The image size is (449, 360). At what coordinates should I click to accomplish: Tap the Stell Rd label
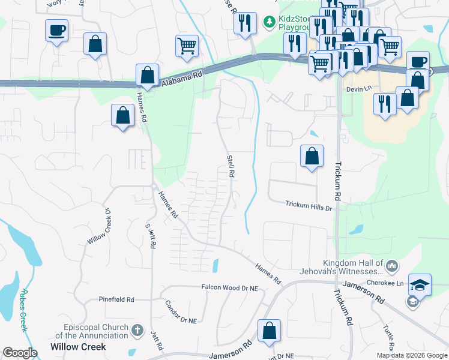coord(230,166)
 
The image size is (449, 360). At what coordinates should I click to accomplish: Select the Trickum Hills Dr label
coord(309,207)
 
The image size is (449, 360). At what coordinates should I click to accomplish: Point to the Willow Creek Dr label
coord(100,226)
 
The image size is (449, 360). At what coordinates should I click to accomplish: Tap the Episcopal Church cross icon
coord(137,329)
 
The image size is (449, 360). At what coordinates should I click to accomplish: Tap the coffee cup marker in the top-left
coord(56,30)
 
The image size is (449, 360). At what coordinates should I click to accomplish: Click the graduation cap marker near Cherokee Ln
coord(420,284)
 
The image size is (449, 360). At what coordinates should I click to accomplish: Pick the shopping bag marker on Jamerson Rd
coord(270,330)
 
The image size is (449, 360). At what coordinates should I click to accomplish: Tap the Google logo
coord(20,353)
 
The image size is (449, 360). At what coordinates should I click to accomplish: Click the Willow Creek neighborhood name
coord(79,347)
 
